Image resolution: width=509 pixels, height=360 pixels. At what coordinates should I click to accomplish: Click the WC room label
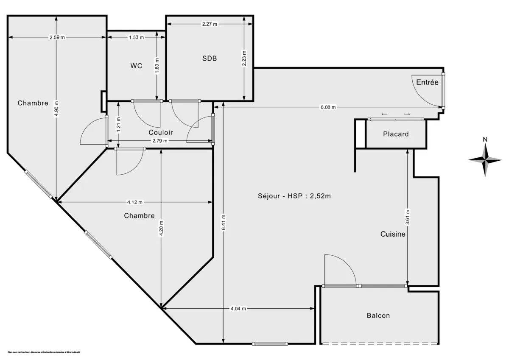pyautogui.click(x=136, y=66)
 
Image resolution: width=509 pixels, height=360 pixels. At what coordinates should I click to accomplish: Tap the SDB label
pyautogui.click(x=209, y=59)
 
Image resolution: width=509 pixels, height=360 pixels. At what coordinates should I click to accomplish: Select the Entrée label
pyautogui.click(x=427, y=82)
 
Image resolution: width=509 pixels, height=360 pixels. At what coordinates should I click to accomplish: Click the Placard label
pyautogui.click(x=396, y=134)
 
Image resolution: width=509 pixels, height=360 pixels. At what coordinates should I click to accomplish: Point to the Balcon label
pyautogui.click(x=378, y=315)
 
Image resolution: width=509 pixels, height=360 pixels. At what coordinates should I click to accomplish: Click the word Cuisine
pyautogui.click(x=393, y=234)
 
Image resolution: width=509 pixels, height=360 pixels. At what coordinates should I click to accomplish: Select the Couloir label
pyautogui.click(x=160, y=132)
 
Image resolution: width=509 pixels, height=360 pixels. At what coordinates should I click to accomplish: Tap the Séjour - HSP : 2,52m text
pyautogui.click(x=294, y=196)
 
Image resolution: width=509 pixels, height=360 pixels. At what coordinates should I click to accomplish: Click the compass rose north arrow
pyautogui.click(x=485, y=159)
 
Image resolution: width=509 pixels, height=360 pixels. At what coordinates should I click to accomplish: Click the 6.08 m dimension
pyautogui.click(x=327, y=107)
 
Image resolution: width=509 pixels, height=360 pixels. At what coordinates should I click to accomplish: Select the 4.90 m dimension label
pyautogui.click(x=56, y=109)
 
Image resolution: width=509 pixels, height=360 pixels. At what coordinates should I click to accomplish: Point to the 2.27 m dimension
pyautogui.click(x=209, y=24)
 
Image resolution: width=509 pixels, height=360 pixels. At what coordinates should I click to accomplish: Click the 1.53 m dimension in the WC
pyautogui.click(x=136, y=37)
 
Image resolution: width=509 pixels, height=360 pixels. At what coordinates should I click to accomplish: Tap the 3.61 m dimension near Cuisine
pyautogui.click(x=408, y=217)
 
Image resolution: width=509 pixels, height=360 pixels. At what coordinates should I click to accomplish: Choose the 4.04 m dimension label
pyautogui.click(x=238, y=309)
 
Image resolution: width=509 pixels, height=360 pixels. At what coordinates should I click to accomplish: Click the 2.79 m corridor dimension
pyautogui.click(x=160, y=141)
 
